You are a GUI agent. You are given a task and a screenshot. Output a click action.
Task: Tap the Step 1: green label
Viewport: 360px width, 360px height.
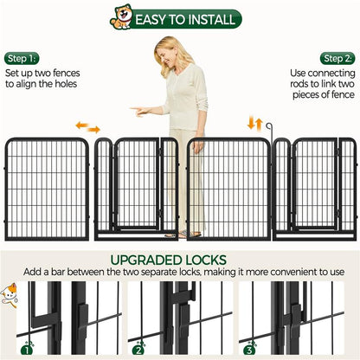(21, 58)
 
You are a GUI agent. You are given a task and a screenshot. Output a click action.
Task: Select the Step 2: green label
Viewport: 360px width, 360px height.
(338, 58)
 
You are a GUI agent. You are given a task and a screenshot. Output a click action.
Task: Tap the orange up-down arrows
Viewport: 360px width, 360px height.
(255, 123)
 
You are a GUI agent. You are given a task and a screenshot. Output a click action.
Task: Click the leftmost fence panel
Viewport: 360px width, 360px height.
(47, 189)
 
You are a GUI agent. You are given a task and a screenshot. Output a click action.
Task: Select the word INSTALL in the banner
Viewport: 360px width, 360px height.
(210, 18)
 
